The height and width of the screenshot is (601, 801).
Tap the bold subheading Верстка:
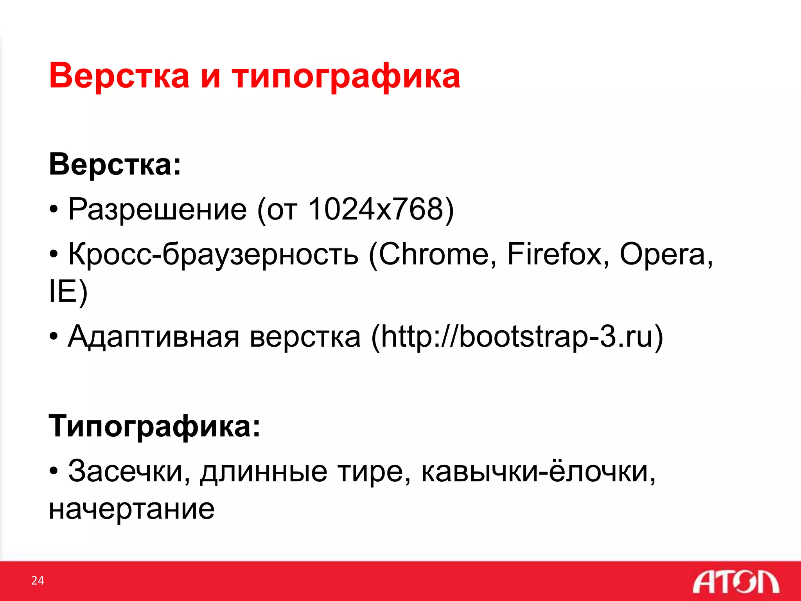tap(115, 164)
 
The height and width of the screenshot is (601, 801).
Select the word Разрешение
tap(157, 209)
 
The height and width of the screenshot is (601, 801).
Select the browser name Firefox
tap(554, 254)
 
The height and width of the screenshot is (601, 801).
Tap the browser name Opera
tap(662, 254)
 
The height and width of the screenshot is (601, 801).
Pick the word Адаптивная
tap(153, 337)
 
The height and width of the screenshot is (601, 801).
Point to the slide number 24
tap(38, 580)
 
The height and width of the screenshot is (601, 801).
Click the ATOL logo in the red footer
tap(735, 582)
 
